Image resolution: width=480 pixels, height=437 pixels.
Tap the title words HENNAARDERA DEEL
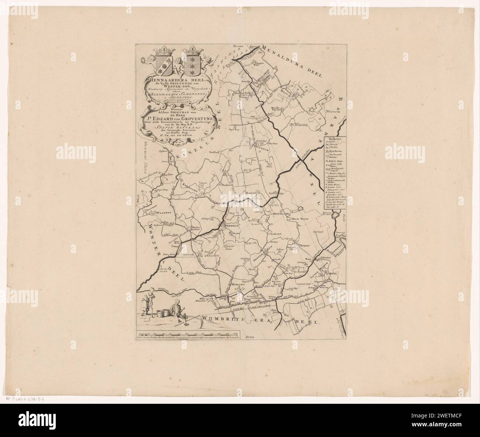tap(174, 79)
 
